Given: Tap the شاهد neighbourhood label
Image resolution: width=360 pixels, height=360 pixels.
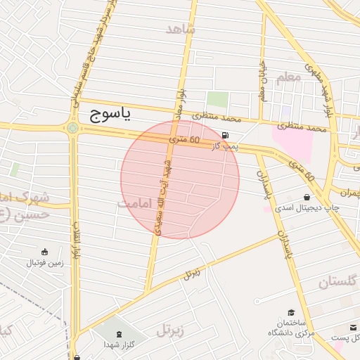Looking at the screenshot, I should tap(182, 29).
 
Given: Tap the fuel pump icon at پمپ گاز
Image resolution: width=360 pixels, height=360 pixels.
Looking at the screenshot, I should tap(225, 136).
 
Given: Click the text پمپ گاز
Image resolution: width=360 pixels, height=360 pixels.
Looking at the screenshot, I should tap(226, 146).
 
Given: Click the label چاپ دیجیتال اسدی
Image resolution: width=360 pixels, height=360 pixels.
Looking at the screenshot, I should tap(307, 208).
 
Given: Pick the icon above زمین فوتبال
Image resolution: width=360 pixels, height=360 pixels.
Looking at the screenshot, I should tap(45, 252).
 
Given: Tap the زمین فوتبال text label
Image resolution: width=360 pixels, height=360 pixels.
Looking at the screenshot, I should tap(45, 263).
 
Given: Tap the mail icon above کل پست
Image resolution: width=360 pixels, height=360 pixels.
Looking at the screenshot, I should tap(353, 327).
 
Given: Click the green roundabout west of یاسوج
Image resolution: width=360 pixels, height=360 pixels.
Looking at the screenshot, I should tap(72, 128).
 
